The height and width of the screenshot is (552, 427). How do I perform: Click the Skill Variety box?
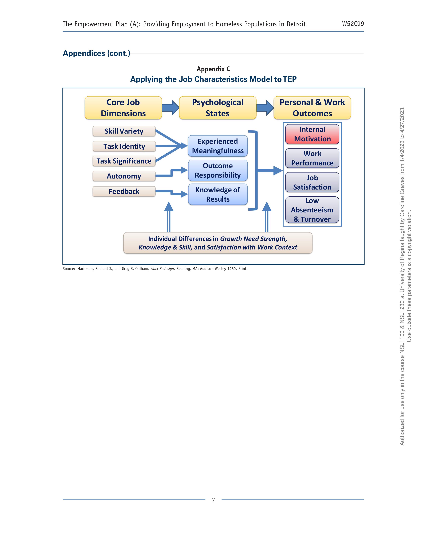click(x=124, y=131)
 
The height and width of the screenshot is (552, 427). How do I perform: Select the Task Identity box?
click(x=124, y=146)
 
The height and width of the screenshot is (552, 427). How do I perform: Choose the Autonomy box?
click(x=124, y=176)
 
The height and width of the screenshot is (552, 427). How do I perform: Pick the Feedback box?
click(x=124, y=192)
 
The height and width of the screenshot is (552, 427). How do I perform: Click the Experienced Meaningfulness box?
click(x=218, y=146)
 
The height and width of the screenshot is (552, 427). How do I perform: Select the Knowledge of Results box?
click(x=218, y=194)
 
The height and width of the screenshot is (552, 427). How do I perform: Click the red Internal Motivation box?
click(x=312, y=134)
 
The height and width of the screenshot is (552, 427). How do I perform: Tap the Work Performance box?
click(x=312, y=158)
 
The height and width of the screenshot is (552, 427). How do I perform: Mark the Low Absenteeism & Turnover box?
click(x=312, y=210)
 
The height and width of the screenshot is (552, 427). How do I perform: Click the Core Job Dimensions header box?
click(x=123, y=108)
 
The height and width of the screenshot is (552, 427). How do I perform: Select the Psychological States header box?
click(x=218, y=108)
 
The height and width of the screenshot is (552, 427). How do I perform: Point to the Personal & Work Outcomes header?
click(x=312, y=108)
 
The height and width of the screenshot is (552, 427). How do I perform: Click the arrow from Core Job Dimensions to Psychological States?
click(x=170, y=108)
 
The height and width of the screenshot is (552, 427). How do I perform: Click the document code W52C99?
click(x=353, y=24)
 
